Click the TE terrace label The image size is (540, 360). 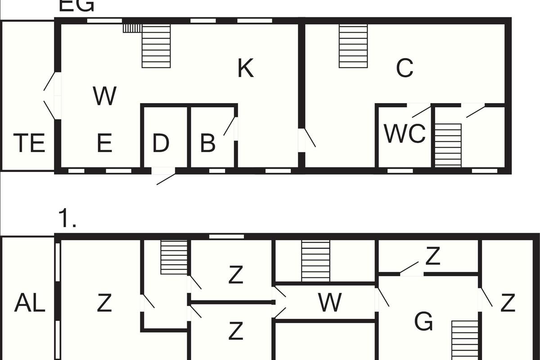click(29, 143)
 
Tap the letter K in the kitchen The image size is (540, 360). click(246, 69)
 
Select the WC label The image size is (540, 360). click(405, 134)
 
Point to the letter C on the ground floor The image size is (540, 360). click(405, 68)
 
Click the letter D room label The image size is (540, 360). click(161, 143)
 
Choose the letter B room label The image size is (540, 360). click(207, 143)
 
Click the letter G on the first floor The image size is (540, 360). click(423, 322)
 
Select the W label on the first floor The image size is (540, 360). click(330, 302)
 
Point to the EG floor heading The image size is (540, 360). click(76, 5)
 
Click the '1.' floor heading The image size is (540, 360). click(67, 220)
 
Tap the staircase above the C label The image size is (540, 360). click(353, 46)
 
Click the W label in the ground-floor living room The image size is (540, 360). click(104, 96)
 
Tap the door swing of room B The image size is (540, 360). click(229, 126)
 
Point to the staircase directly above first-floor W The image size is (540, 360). click(315, 261)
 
